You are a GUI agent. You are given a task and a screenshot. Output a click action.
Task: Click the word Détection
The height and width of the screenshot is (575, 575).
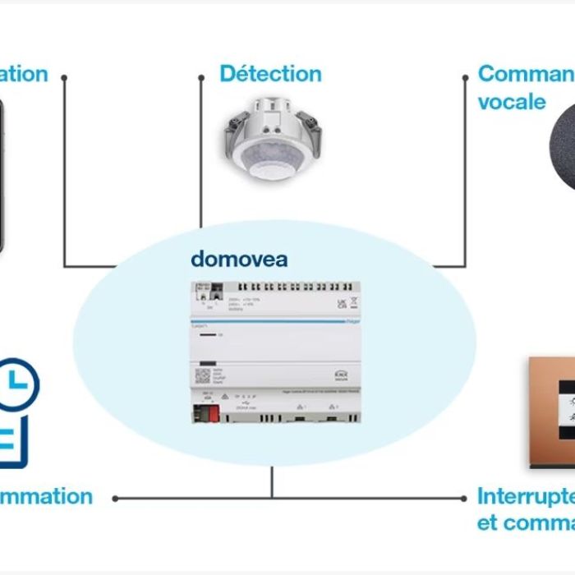tap(270, 74)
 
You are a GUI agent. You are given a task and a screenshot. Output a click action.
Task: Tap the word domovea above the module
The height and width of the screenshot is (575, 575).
tap(239, 260)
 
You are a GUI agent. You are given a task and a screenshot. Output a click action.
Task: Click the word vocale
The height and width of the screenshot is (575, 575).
tap(511, 102)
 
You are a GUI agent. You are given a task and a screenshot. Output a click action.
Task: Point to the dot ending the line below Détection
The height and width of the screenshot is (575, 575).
tap(201, 79)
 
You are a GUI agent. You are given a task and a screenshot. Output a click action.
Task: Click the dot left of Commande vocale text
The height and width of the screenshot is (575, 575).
tap(465, 78)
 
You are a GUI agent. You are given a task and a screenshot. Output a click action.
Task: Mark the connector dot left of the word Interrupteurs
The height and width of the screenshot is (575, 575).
tap(465, 498)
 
